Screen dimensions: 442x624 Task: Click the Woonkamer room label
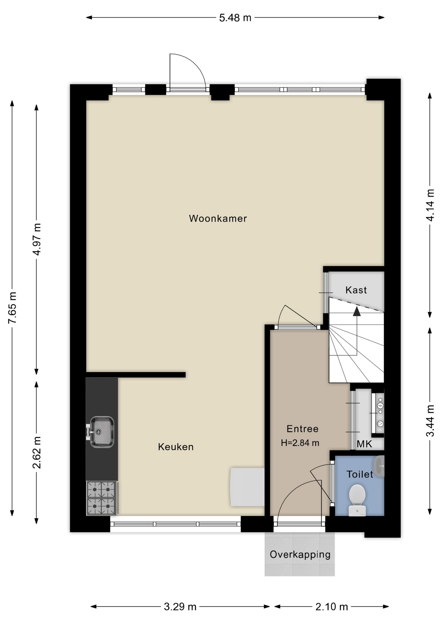pyautogui.click(x=218, y=218)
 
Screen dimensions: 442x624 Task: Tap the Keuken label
pyautogui.click(x=176, y=447)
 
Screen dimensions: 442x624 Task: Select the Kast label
pyautogui.click(x=356, y=290)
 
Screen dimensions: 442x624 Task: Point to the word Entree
pyautogui.click(x=302, y=429)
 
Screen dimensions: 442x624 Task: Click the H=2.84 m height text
pyautogui.click(x=300, y=443)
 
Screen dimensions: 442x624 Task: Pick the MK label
pyautogui.click(x=364, y=444)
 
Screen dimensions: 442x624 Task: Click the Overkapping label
pyautogui.click(x=300, y=554)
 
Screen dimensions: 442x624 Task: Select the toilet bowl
pyautogui.click(x=357, y=500)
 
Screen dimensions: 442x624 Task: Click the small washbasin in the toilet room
pyautogui.click(x=379, y=466)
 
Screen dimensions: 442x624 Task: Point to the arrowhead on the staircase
pyautogui.click(x=357, y=311)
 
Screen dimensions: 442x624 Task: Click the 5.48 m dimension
pyautogui.click(x=235, y=18)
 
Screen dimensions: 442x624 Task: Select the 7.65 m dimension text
pyautogui.click(x=12, y=308)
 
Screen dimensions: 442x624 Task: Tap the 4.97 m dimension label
pyautogui.click(x=36, y=240)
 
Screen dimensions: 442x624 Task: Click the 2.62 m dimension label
pyautogui.click(x=36, y=453)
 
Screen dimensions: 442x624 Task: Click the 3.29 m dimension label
pyautogui.click(x=180, y=606)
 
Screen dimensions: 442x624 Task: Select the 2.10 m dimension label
pyautogui.click(x=332, y=606)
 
